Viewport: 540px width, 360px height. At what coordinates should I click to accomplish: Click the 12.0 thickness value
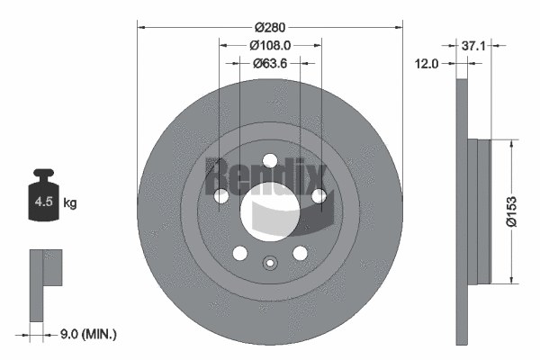[x=427, y=63]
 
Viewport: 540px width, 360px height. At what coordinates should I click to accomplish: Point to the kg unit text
[x=69, y=203]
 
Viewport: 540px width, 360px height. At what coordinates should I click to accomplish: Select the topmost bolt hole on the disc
[x=270, y=160]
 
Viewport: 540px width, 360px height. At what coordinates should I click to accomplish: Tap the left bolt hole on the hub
[x=221, y=196]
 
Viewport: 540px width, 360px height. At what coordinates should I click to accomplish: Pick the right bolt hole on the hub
[x=318, y=196]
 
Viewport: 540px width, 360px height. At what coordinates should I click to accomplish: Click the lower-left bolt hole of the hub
[x=240, y=253]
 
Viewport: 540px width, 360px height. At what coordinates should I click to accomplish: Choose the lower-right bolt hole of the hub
[x=300, y=253]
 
